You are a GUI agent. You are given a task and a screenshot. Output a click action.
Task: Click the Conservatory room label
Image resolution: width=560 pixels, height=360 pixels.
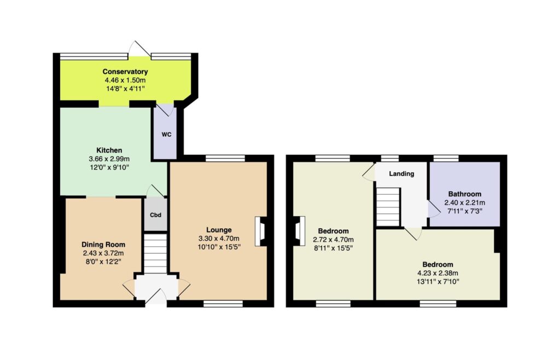point(125,72)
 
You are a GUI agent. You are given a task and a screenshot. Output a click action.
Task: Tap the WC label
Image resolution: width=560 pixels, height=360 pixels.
point(166,135)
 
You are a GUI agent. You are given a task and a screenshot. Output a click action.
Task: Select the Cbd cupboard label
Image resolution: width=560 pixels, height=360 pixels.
point(155,215)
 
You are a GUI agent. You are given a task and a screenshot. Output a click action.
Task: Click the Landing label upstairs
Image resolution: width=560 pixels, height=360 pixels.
point(401,174)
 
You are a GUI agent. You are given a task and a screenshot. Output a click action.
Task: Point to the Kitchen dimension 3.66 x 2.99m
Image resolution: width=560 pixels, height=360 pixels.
point(109,159)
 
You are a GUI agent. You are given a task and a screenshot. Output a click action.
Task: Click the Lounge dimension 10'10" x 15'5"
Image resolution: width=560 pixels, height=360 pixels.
point(219,247)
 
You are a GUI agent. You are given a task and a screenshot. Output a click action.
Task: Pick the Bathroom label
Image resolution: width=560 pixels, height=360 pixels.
point(465,194)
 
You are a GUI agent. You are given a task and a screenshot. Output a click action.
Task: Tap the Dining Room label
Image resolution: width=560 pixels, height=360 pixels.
point(103,245)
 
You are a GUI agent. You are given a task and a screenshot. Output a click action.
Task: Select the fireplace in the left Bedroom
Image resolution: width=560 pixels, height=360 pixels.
point(299,231)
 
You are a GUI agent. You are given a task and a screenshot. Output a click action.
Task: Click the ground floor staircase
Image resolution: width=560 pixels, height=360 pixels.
point(155,253)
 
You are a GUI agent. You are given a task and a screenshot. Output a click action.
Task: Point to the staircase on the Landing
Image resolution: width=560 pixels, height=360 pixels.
point(388,207)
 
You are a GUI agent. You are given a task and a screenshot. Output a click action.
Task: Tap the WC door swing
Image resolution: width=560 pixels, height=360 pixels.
point(165,109)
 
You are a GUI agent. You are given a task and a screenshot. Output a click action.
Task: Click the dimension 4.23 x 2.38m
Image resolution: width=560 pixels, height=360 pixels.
point(437,273)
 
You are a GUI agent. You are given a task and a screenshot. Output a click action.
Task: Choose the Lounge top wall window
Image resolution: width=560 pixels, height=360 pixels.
point(225,158)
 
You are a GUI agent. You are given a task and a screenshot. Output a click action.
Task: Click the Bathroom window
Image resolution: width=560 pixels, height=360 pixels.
point(446,158)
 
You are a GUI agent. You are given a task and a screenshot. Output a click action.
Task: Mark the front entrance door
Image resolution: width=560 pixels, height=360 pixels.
point(156,295)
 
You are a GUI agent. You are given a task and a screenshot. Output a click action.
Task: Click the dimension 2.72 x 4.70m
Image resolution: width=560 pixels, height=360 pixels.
point(333,240)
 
